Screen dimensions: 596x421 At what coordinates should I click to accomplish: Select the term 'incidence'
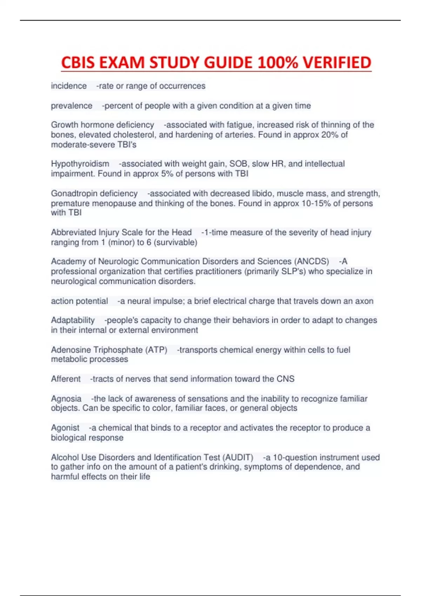tap(69, 86)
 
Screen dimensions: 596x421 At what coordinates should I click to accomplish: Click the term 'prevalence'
tap(72, 106)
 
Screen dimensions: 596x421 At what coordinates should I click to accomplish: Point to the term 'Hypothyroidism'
tap(80, 164)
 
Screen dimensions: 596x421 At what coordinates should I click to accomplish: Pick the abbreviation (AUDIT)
tap(237, 457)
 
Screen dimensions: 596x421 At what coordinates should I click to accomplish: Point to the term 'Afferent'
tap(66, 379)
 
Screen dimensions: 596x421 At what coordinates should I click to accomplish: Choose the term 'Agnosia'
tap(66, 399)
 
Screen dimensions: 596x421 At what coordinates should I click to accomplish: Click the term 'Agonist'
tap(65, 428)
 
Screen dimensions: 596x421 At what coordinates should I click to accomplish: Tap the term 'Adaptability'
tap(73, 320)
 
